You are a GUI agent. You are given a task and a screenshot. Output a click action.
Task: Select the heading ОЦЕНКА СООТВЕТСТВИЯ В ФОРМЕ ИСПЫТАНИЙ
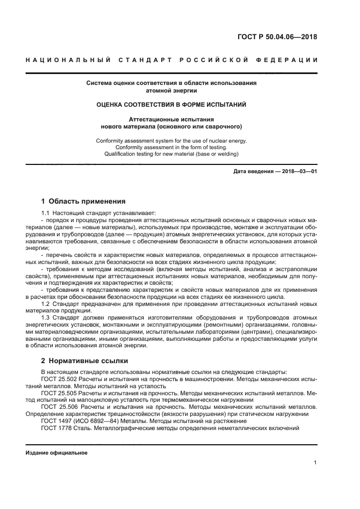coord(172,104)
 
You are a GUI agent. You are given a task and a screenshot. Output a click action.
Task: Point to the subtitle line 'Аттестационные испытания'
coord(172,119)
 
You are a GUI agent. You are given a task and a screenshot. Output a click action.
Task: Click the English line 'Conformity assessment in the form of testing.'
coord(172,147)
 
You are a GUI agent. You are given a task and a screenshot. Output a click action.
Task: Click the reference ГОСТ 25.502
coord(59,378)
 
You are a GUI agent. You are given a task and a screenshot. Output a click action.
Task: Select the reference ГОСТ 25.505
coord(59,393)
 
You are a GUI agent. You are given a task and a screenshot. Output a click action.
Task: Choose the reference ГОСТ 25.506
coord(59,407)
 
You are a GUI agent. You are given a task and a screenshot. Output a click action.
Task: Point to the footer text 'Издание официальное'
coord(57,452)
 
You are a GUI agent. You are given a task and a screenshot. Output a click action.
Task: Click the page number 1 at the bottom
coord(315,463)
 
